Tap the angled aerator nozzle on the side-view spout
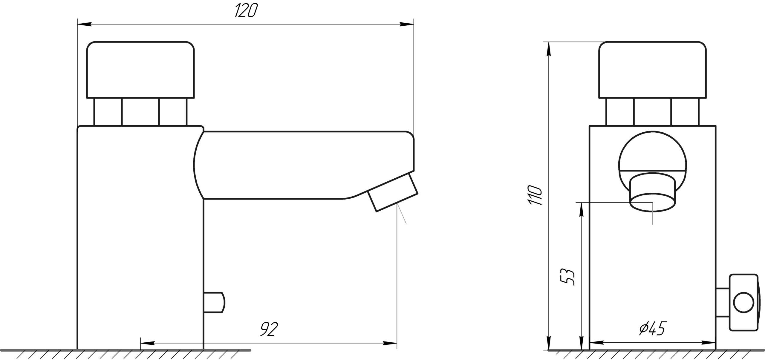[393, 192]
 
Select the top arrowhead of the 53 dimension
[581, 209]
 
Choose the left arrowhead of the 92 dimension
[147, 343]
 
